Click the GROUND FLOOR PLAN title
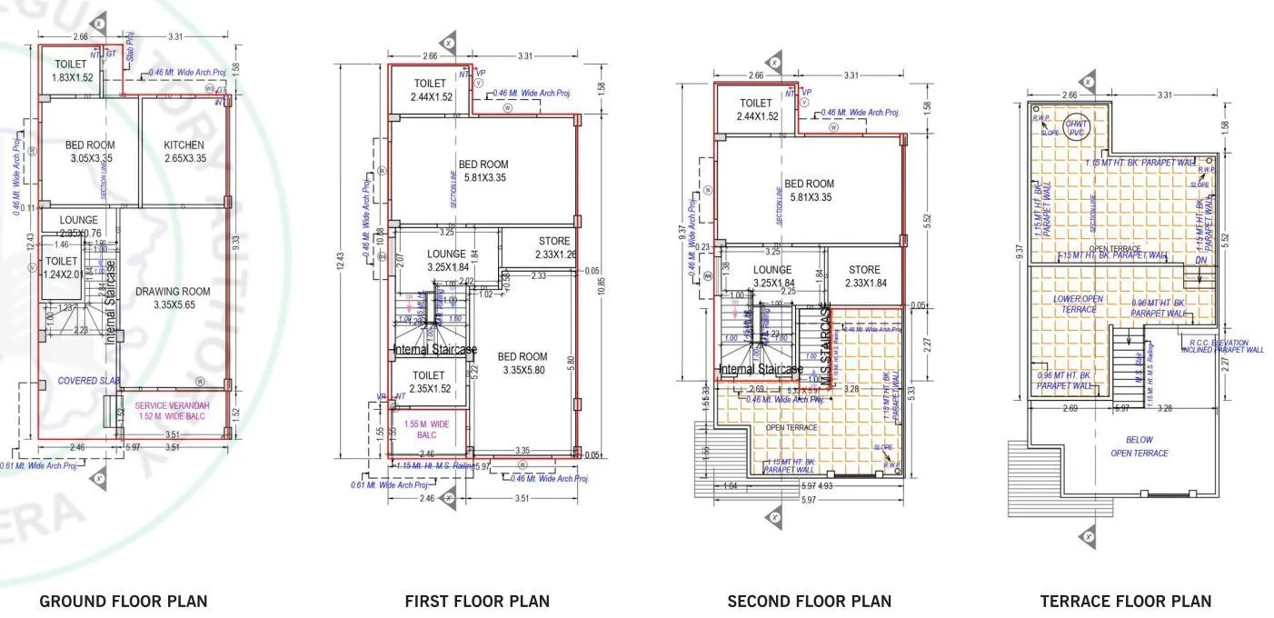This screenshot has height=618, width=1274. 123,601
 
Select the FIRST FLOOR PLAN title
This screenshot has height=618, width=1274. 476,601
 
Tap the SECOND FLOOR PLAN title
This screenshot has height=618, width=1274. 809,601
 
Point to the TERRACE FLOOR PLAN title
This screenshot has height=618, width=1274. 1125,601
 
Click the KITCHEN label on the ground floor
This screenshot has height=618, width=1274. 184,145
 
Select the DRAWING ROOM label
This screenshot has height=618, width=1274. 173,292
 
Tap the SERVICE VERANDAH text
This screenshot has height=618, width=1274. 173,405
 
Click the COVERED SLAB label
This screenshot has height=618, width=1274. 90,381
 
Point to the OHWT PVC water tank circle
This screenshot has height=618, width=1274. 1076,128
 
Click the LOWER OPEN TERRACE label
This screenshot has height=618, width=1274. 1080,304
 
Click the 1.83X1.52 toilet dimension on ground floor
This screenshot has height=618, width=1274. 71,77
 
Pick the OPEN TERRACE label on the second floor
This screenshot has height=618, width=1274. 791,427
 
